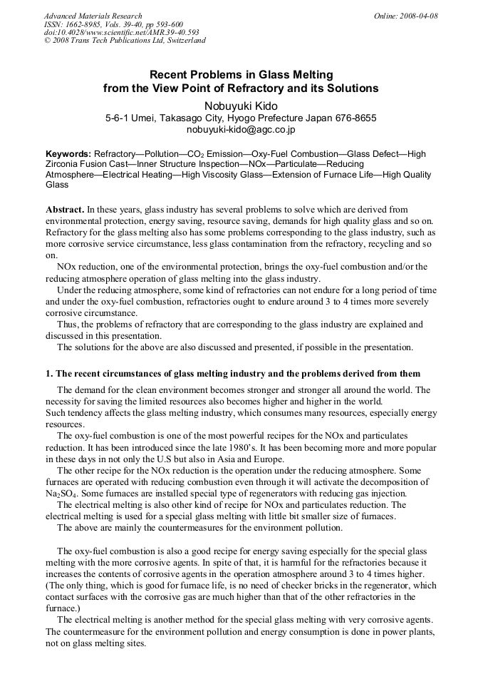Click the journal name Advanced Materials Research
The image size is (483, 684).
93,16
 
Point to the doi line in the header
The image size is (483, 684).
121,32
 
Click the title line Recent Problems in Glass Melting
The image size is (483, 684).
241,75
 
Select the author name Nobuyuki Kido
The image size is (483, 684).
241,105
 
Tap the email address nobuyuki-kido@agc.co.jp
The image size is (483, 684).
241,131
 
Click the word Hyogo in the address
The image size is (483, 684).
240,118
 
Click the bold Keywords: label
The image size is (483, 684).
68,154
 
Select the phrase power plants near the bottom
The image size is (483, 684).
404,632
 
